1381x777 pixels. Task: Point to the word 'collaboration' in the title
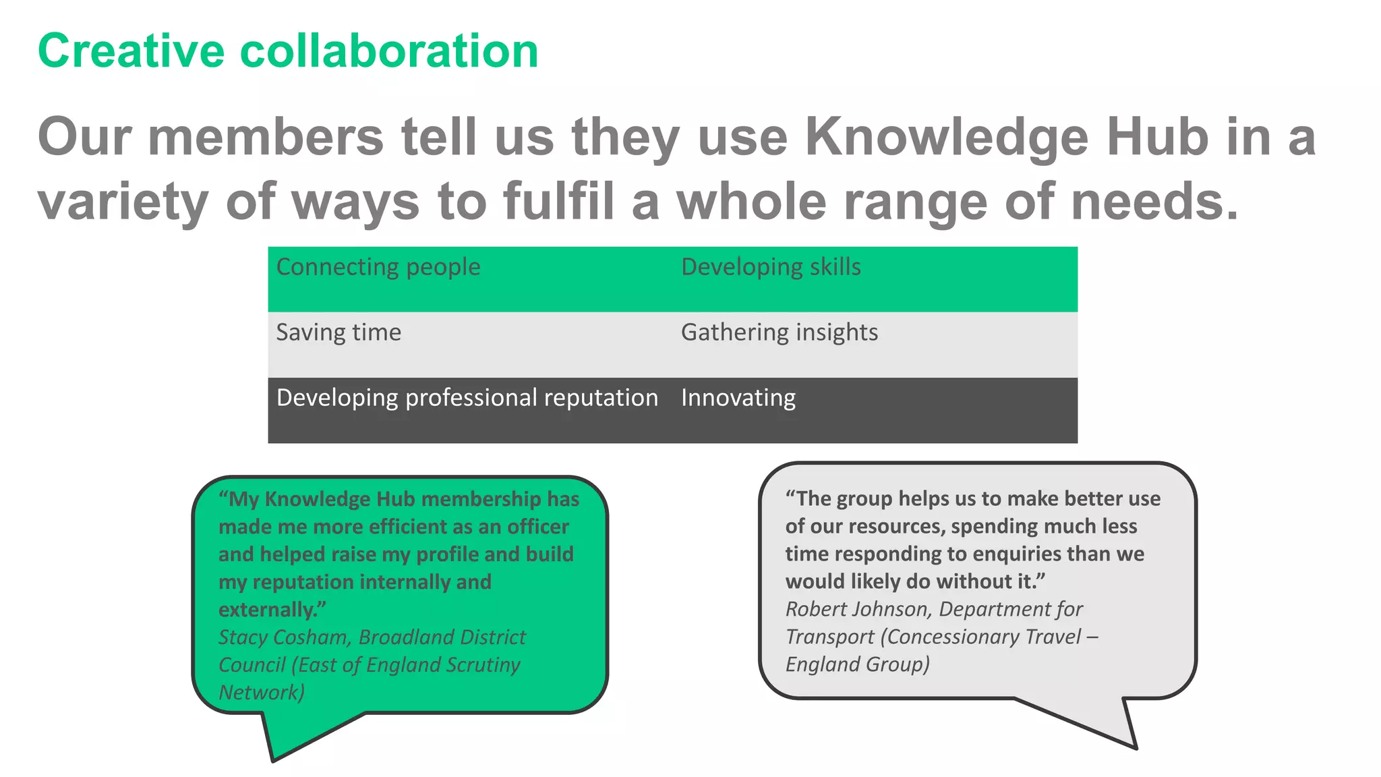[389, 51]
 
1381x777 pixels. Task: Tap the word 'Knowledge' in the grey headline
[947, 137]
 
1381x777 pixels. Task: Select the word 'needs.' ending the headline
[1155, 201]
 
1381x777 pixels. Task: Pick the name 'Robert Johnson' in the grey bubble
[856, 609]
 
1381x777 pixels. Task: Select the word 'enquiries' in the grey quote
[1017, 554]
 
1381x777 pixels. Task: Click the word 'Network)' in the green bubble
[262, 693]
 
